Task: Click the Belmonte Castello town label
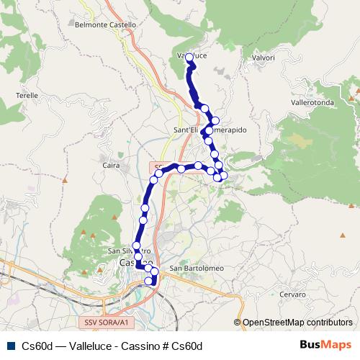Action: pos(105,24)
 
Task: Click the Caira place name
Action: pos(111,166)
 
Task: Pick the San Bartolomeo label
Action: pos(197,269)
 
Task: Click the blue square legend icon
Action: pos(9,346)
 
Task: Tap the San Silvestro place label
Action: pos(127,251)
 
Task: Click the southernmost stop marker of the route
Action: pos(150,281)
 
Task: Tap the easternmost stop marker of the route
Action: pos(223,175)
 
